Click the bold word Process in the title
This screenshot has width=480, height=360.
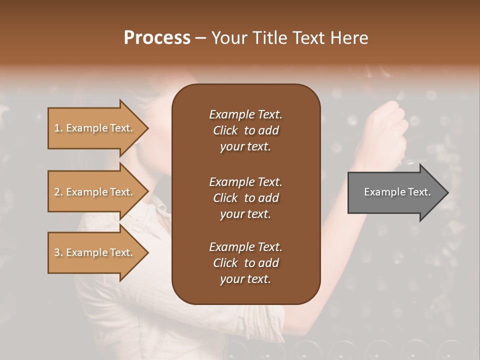tap(157, 37)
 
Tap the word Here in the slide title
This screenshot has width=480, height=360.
tap(349, 37)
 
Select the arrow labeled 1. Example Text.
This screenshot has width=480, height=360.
tap(95, 128)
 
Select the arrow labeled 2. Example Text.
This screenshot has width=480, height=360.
tap(95, 192)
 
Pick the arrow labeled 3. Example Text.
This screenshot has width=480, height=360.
tap(95, 252)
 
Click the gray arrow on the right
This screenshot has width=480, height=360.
tap(395, 192)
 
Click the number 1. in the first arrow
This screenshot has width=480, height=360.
tap(58, 128)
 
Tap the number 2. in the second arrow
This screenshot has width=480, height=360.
tap(58, 192)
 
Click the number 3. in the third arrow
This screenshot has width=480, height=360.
tap(58, 252)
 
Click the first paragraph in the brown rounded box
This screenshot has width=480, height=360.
tap(245, 130)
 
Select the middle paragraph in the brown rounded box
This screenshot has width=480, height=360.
tap(245, 198)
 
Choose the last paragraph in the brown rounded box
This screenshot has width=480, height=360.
tap(245, 263)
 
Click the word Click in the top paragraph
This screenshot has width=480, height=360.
tap(225, 130)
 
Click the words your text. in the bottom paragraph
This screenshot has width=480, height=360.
tap(245, 279)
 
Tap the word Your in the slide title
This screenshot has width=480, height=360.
tap(227, 37)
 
